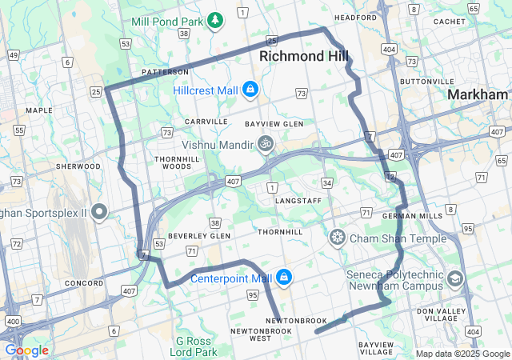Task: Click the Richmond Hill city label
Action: [304, 57]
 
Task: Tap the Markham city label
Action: [478, 94]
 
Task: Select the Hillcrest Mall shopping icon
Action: [250, 90]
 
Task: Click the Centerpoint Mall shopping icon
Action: [283, 278]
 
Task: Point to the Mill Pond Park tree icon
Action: [214, 19]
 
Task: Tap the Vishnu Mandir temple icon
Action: [265, 145]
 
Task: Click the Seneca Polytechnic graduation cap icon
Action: [455, 279]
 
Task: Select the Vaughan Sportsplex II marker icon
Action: [99, 212]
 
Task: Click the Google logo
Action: [26, 350]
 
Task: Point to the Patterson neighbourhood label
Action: [165, 71]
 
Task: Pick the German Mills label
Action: [406, 216]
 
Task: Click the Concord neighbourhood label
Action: [84, 283]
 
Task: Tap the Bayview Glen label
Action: [274, 124]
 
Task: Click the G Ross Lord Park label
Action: [197, 346]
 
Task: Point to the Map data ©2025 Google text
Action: [462, 354]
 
